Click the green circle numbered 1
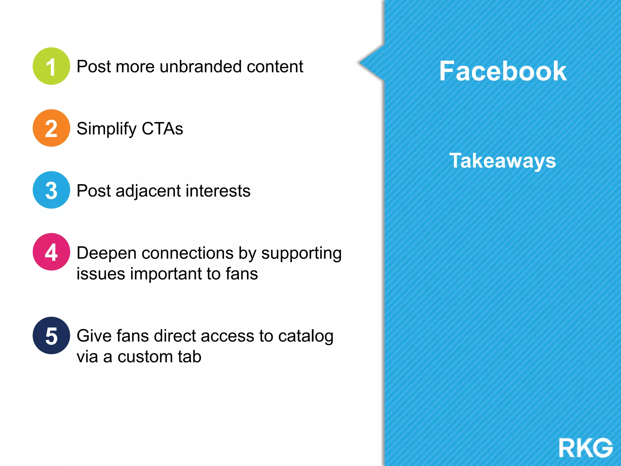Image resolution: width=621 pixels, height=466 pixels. (x=51, y=66)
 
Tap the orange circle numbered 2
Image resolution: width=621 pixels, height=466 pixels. (x=51, y=128)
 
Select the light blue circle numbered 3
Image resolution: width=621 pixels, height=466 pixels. (x=51, y=190)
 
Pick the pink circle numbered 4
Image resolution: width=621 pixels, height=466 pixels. (x=51, y=252)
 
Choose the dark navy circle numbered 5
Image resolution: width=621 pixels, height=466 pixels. (x=51, y=336)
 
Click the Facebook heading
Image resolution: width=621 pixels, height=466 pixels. (x=503, y=71)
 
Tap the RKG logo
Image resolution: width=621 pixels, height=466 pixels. (x=586, y=447)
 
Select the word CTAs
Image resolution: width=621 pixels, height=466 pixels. (x=162, y=129)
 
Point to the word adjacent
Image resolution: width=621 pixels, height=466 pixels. (x=148, y=191)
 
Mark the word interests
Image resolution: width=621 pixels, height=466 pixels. (x=218, y=191)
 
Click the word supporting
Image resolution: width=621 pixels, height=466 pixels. (x=301, y=254)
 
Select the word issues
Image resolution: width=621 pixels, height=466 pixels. (x=101, y=274)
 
